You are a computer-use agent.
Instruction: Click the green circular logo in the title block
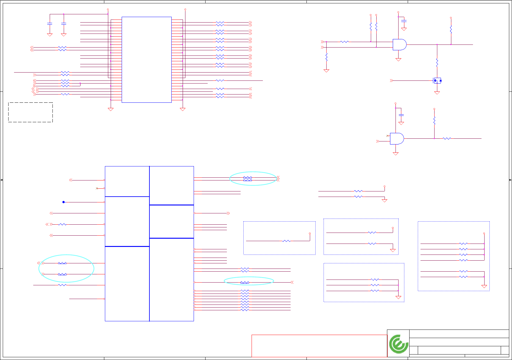tap(398, 344)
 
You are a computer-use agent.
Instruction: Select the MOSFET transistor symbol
tap(437, 81)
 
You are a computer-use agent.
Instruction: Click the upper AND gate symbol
tap(399, 45)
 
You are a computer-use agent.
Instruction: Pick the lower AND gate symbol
tap(396, 138)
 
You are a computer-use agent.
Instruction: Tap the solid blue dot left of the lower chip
tap(63, 202)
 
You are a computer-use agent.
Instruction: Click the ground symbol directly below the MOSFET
tap(437, 93)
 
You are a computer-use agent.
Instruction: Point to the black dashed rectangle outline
tap(30, 112)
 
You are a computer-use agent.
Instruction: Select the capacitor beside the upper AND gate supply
tap(404, 21)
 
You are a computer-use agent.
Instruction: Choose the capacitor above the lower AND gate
tap(401, 115)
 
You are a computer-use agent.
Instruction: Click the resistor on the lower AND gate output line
tap(447, 138)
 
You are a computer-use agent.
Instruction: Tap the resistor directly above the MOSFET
tap(437, 62)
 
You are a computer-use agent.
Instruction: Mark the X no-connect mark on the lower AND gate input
tap(387, 136)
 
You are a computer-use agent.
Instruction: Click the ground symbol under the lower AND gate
tap(396, 154)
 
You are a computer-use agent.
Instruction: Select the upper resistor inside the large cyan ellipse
tap(62, 263)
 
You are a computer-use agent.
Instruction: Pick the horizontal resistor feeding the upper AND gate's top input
tap(344, 42)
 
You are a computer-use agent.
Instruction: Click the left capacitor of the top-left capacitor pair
tap(50, 23)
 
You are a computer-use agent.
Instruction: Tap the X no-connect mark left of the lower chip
tap(97, 188)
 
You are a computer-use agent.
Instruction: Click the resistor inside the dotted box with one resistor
tap(286, 241)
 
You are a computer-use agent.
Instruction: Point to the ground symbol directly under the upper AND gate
tap(398, 60)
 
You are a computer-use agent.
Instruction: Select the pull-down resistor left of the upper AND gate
tap(326, 57)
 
